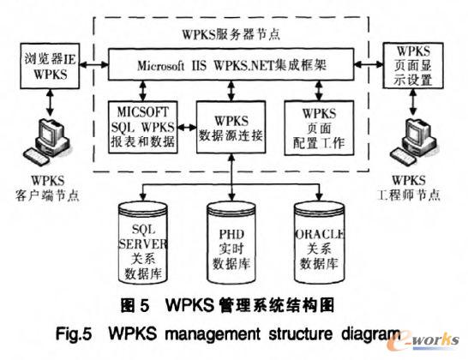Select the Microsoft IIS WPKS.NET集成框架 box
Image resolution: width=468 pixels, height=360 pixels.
[x=233, y=64]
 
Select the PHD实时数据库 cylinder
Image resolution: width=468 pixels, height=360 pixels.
[x=233, y=239]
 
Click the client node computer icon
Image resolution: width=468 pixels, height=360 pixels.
[x=43, y=142]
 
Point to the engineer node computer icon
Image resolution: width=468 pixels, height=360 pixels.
[x=419, y=142]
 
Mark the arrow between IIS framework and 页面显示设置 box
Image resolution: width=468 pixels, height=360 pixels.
[x=372, y=64]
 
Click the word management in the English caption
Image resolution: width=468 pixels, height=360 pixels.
[x=249, y=330]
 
